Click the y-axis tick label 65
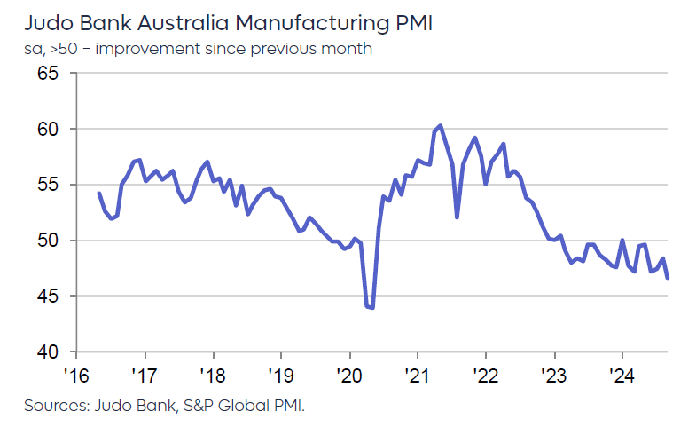coord(46,74)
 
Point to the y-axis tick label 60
coord(46,130)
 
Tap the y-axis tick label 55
coord(46,185)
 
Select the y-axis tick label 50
coord(46,241)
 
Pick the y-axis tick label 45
coord(46,297)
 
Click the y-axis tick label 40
coord(46,352)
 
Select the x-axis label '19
coord(279,374)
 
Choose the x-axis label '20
coord(348,374)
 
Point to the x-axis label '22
coord(484,374)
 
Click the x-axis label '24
coord(621,374)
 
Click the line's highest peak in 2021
coord(441,125)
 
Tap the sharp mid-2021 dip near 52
coord(457,217)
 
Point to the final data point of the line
coord(667,278)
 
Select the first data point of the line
coord(98,193)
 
